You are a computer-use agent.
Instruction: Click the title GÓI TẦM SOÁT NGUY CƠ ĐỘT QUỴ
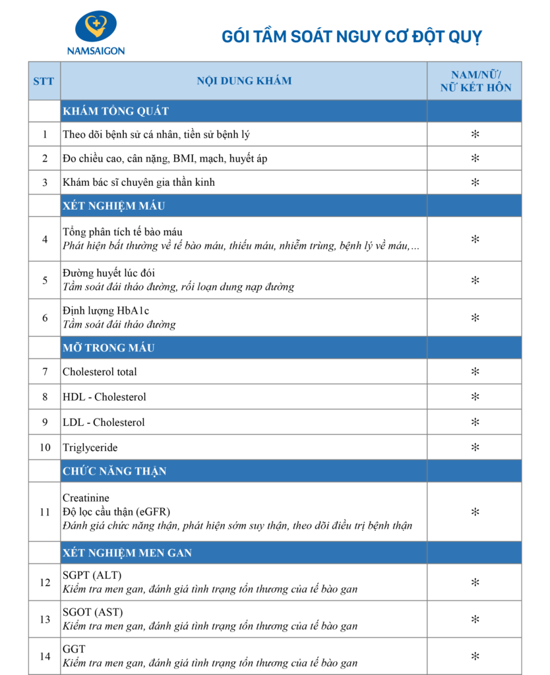(351, 36)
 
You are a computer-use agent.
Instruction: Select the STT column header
(44, 81)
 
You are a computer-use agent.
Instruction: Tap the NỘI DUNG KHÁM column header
(244, 81)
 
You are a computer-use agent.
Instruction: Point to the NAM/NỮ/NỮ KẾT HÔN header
(474, 81)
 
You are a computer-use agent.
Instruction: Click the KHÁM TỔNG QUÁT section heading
(115, 111)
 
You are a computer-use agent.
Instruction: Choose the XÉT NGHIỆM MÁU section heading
(113, 206)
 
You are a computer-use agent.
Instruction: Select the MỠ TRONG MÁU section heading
(109, 347)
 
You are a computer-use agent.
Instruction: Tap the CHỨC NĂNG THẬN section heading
(114, 471)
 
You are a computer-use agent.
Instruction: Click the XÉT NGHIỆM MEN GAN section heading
(127, 552)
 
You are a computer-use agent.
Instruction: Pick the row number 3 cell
(45, 182)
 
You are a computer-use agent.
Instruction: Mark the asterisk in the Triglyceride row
(474, 448)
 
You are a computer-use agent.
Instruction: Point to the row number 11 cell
(45, 512)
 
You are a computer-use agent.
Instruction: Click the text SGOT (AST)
(92, 612)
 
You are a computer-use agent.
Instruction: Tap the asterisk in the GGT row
(474, 657)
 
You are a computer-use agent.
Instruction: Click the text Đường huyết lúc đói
(109, 273)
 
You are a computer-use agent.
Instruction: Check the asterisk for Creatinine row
(474, 512)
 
